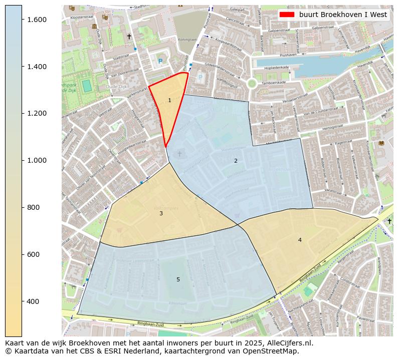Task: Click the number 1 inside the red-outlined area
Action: tap(169, 101)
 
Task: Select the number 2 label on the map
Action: tap(236, 161)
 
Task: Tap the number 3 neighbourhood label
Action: tap(161, 214)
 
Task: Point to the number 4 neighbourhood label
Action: tap(300, 240)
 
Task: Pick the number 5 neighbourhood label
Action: tap(178, 279)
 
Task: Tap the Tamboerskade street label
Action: tap(273, 82)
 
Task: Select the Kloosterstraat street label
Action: tap(80, 17)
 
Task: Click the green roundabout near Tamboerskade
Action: tap(252, 83)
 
